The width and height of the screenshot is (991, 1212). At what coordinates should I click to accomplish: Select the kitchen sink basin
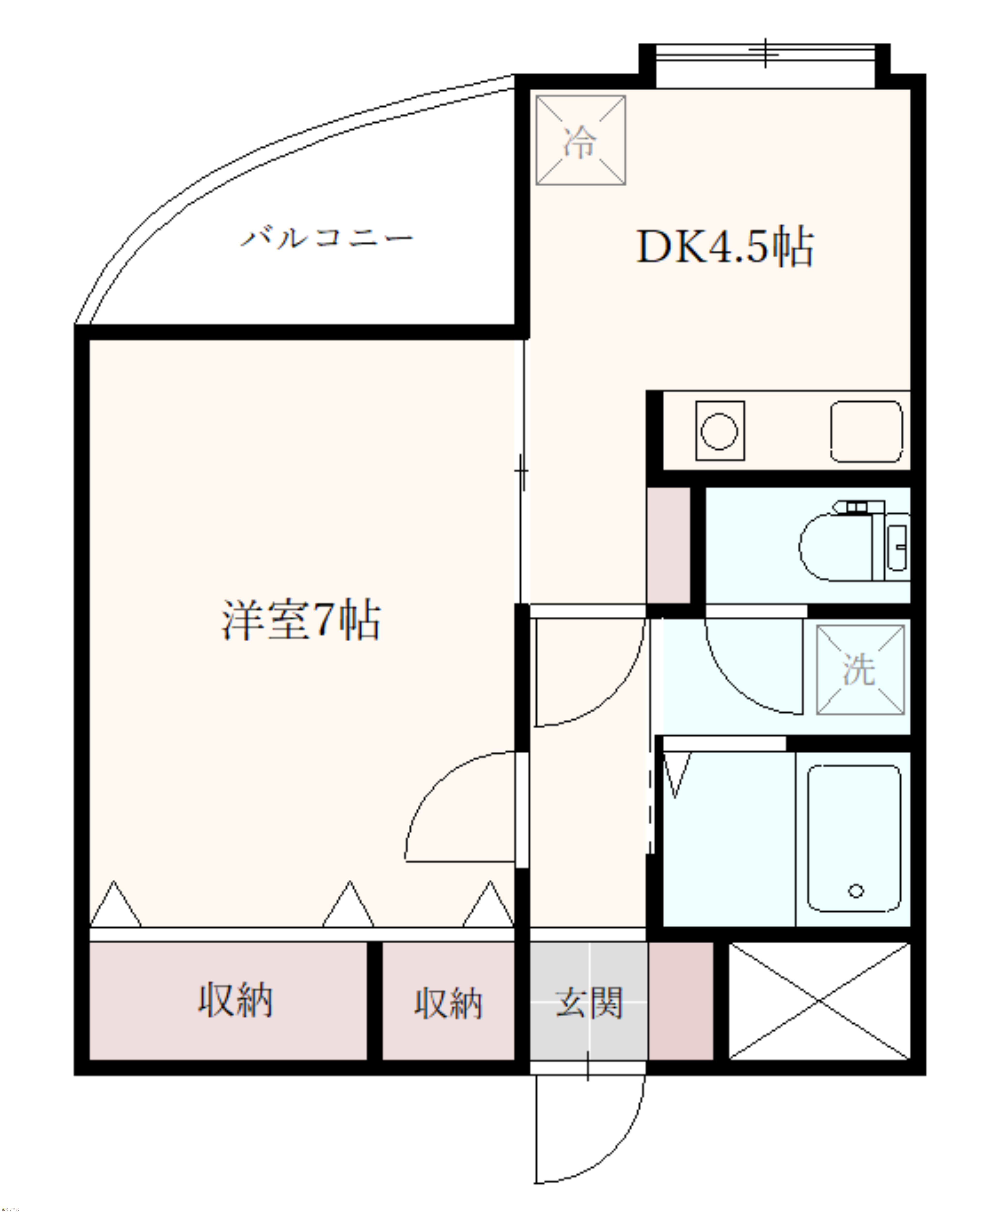[x=866, y=431]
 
